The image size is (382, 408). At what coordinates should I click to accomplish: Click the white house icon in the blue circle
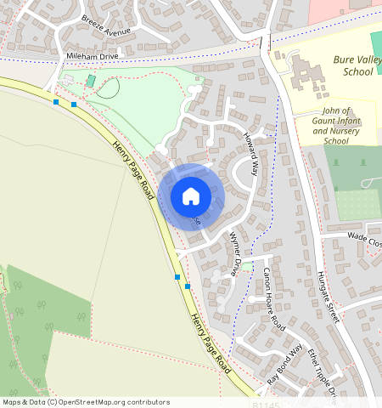191,196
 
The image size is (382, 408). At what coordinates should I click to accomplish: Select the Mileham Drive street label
93,55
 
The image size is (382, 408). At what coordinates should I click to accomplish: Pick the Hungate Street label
328,297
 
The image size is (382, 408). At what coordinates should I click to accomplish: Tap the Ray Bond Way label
284,366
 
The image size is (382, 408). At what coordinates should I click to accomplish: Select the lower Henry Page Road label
210,343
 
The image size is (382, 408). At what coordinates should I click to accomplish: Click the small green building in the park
91,80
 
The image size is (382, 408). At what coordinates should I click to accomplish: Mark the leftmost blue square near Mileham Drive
56,102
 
